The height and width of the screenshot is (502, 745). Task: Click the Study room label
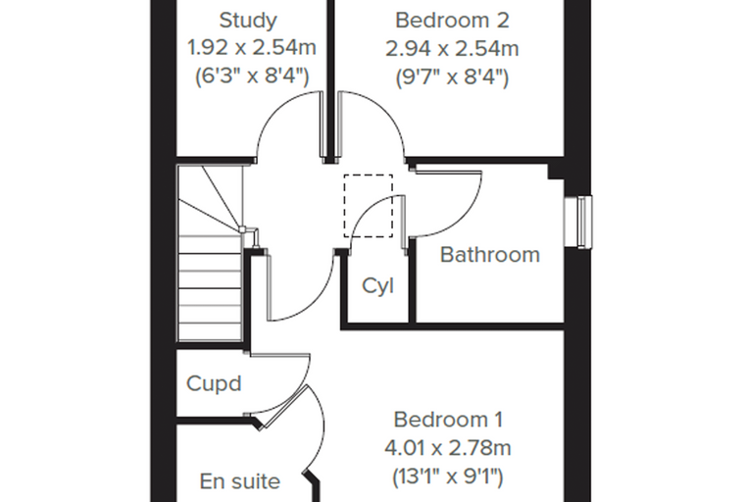[248, 21]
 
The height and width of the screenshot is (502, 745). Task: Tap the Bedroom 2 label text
[452, 21]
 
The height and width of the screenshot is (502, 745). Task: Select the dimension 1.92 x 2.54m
[252, 47]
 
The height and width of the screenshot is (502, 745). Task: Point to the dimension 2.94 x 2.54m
[452, 48]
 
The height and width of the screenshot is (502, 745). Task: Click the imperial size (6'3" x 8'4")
[252, 76]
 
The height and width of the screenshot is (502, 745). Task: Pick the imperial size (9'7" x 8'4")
[452, 76]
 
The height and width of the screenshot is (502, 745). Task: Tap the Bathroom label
[490, 255]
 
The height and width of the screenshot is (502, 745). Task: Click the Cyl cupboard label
[377, 286]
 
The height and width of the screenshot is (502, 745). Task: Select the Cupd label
[214, 383]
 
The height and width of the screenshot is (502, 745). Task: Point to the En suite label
[240, 481]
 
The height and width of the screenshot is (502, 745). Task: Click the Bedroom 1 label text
[448, 420]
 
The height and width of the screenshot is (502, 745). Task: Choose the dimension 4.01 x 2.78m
[448, 448]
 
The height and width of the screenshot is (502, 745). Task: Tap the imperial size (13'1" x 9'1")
[448, 477]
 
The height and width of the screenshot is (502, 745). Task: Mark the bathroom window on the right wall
[578, 222]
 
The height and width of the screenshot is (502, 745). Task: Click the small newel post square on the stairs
[242, 230]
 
